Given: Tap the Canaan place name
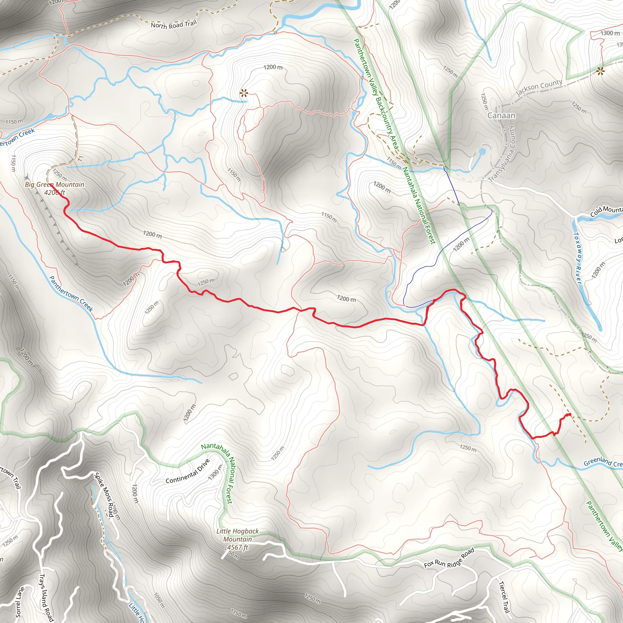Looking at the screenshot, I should (501, 115).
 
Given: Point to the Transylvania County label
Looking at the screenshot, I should (504, 154).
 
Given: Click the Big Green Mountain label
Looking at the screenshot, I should (54, 184).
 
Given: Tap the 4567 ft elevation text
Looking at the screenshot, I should (237, 547).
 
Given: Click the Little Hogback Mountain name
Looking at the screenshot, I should (238, 535).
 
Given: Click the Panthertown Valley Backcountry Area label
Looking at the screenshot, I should (376, 93).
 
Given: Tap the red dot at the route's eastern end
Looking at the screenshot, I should (570, 414).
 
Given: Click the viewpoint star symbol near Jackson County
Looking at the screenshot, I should (600, 71).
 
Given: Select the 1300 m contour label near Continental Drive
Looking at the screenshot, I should (215, 473).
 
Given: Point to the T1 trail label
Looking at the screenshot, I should (81, 158).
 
